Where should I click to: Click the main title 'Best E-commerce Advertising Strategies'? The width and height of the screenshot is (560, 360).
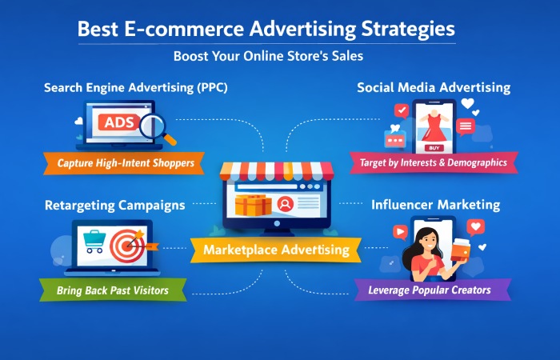pyautogui.click(x=266, y=30)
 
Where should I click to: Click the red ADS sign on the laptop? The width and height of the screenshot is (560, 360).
pyautogui.click(x=117, y=124)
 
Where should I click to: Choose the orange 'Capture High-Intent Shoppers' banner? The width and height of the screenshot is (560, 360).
pyautogui.click(x=126, y=163)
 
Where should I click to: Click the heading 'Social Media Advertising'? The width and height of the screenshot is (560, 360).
pyautogui.click(x=434, y=87)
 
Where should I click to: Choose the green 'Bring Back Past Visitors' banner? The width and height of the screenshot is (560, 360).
pyautogui.click(x=112, y=290)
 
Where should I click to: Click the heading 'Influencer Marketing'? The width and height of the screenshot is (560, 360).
pyautogui.click(x=435, y=205)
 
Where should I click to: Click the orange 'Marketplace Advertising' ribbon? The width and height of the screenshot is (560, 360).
pyautogui.click(x=276, y=250)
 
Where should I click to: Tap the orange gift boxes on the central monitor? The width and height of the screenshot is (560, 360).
pyautogui.click(x=253, y=205)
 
